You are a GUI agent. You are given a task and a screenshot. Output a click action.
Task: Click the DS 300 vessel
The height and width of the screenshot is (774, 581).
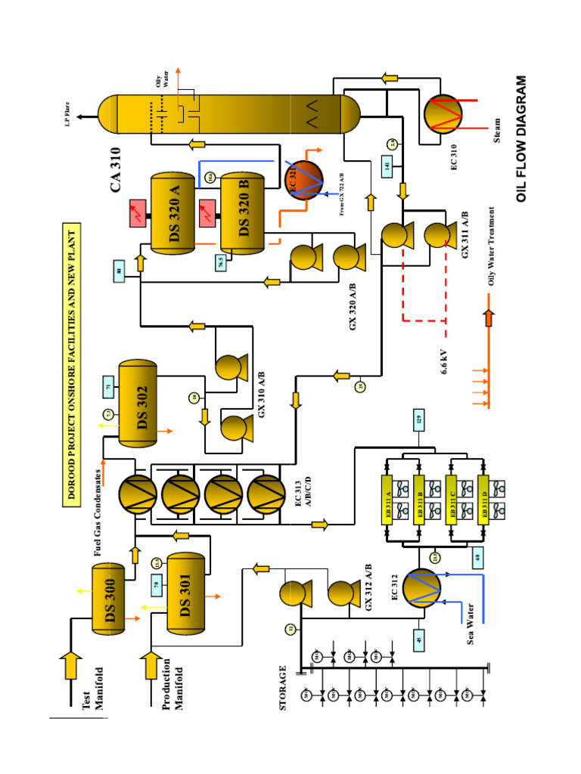click(x=113, y=597)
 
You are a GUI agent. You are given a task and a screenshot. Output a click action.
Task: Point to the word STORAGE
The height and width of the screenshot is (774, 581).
click(x=283, y=688)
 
